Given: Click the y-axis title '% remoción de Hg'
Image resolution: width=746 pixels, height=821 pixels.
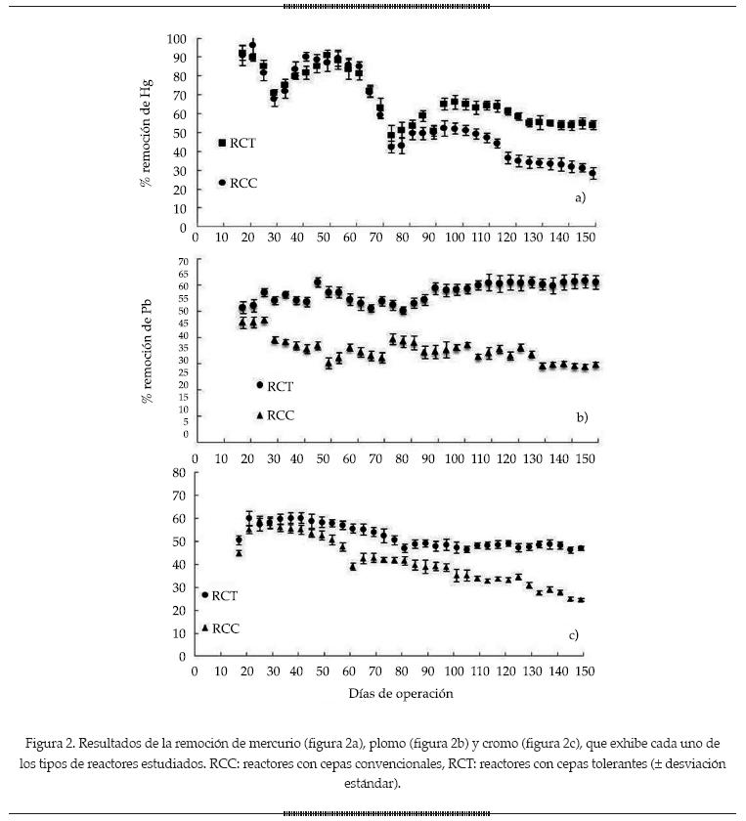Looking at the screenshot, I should [x=148, y=133].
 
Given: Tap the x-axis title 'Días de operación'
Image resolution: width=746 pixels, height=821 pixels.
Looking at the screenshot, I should [x=400, y=693].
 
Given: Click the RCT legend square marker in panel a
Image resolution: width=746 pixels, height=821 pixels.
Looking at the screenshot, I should [x=222, y=143].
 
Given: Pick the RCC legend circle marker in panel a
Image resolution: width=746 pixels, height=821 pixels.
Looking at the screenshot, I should [x=222, y=183].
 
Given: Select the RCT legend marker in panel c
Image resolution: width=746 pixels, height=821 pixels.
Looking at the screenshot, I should [x=205, y=594].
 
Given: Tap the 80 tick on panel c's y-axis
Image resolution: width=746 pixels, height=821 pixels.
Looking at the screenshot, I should [x=179, y=472].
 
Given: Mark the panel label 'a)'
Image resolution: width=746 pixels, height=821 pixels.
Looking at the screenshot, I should [x=580, y=197].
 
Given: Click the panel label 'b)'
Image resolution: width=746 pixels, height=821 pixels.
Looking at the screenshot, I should [x=582, y=417].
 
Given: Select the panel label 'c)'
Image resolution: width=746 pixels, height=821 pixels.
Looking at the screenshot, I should [x=574, y=635].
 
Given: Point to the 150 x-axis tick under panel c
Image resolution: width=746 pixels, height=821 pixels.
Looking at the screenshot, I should [x=583, y=671].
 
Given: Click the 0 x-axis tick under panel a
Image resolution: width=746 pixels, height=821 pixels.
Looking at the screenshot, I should [x=196, y=238].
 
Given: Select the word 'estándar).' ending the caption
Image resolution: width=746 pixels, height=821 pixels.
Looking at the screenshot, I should [x=373, y=783].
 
